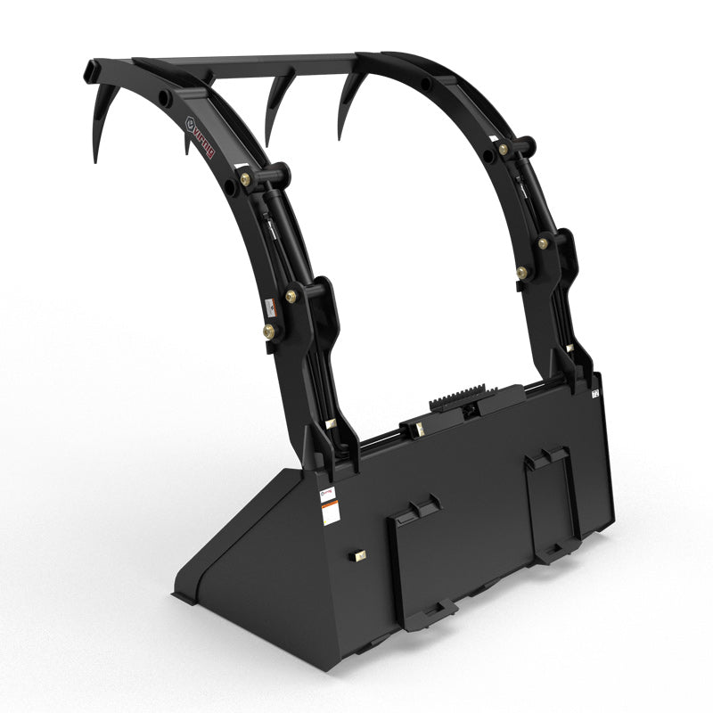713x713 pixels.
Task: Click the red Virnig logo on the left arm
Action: (x=204, y=143)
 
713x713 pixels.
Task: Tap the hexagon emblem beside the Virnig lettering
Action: (x=190, y=122)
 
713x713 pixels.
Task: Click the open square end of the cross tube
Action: (x=92, y=69)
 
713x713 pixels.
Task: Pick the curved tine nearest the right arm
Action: (x=348, y=102)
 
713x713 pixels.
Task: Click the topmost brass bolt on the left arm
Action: (x=245, y=179)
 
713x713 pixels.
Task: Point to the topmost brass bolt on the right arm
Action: (x=504, y=149)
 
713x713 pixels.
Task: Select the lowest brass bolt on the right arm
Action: (x=522, y=272)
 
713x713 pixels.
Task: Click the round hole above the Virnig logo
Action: (x=166, y=97)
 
